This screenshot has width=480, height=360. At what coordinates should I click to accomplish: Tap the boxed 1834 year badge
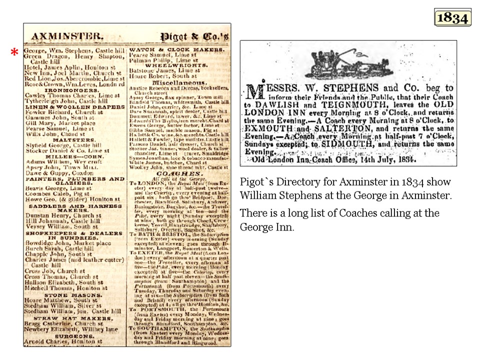tap(452, 17)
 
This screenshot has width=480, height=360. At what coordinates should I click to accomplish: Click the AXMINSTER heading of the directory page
tap(67, 36)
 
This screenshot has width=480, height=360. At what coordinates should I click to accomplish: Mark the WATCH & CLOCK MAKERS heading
tap(170, 50)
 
